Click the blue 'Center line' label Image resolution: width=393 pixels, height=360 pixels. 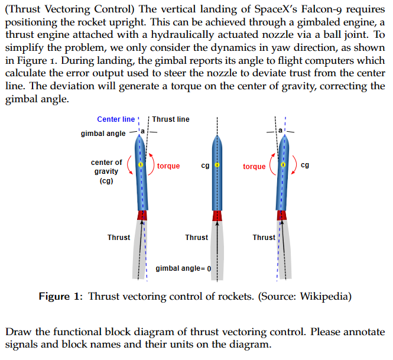[116, 119]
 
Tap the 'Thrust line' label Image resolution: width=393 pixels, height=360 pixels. [171, 119]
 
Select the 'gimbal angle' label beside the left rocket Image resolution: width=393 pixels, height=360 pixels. [103, 134]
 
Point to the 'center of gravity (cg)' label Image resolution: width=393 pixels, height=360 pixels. [106, 171]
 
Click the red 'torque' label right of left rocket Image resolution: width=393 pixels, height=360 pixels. [168, 166]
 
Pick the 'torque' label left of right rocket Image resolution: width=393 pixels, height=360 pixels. [254, 167]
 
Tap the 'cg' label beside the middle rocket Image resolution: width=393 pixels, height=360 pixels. [205, 166]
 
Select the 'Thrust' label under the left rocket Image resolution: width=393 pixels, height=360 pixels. [119, 238]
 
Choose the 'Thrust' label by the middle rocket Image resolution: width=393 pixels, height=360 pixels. [196, 238]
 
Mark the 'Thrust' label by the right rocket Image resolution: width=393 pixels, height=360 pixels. [264, 238]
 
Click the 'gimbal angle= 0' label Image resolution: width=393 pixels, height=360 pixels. [183, 268]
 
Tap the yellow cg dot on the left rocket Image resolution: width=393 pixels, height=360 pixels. [141, 166]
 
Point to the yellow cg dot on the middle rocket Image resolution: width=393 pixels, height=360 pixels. [217, 166]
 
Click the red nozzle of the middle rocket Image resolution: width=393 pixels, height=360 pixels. [217, 215]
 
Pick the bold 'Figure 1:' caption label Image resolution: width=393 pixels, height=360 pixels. [61, 296]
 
